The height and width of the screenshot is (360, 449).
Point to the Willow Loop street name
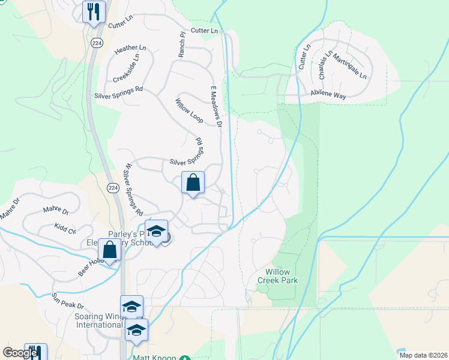[x=188, y=111]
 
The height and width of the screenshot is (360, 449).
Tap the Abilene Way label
[x=328, y=94]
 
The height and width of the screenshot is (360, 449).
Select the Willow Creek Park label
[x=278, y=275]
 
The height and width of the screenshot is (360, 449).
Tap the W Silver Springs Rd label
[x=131, y=190]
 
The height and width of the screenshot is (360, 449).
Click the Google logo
[x=20, y=353]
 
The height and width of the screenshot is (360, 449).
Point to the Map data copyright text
[x=422, y=355]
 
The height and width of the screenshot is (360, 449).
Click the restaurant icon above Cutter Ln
[x=94, y=12]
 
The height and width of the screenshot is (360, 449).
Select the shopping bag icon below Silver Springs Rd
[x=193, y=183]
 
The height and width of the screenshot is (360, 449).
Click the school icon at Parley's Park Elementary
[x=156, y=232]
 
